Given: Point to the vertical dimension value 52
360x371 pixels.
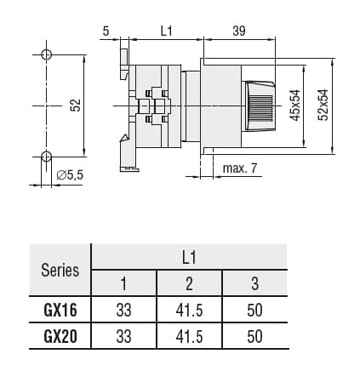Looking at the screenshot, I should click(74, 105).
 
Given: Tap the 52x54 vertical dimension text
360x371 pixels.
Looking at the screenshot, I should click(323, 105).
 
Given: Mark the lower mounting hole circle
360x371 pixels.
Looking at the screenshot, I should click(46, 156).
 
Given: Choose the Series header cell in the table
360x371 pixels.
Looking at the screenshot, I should click(60, 271).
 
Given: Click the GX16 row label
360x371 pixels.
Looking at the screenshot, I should click(60, 311).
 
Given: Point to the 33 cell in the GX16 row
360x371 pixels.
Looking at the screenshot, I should click(124, 311).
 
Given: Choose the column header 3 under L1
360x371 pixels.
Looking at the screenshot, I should click(254, 283).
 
